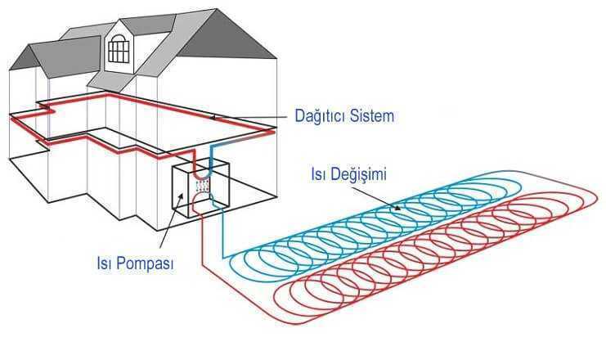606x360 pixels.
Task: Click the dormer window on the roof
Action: tap(119, 49)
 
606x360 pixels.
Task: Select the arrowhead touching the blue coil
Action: tap(397, 208)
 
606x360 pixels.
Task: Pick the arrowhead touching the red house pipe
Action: tap(213, 118)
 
